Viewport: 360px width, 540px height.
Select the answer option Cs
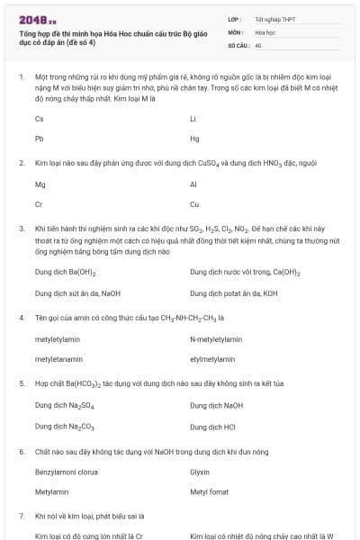point(40,119)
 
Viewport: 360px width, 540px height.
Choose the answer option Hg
point(194,139)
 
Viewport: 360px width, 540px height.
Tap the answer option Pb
point(40,139)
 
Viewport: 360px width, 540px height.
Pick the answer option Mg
point(40,184)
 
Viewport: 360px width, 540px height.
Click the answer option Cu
point(194,204)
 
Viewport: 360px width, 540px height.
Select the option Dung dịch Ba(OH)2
point(66,272)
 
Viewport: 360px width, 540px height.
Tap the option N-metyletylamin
point(216,339)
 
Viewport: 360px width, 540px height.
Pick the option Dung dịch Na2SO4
point(64,406)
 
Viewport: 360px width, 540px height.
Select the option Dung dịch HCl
point(212,426)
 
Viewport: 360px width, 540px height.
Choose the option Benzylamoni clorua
point(67,472)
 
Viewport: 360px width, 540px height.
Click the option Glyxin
point(200,472)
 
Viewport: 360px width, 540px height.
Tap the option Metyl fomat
point(209,492)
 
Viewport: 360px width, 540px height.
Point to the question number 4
point(22,318)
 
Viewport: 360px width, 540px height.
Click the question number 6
point(22,449)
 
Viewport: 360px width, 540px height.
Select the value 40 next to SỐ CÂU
point(258,44)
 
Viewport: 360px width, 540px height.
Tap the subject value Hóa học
point(265,31)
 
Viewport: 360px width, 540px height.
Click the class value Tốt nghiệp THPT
point(274,18)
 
